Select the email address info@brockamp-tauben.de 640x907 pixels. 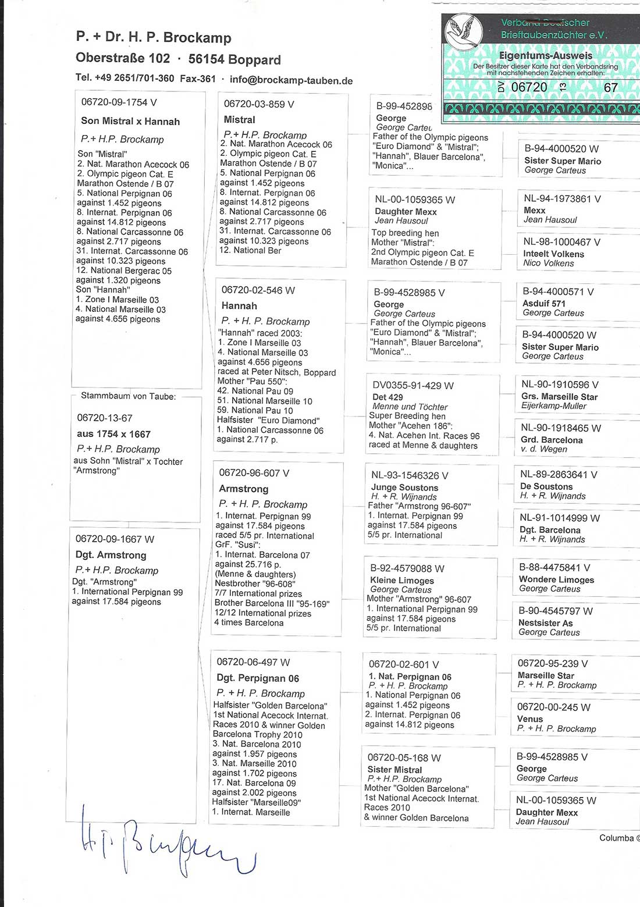[x=291, y=80]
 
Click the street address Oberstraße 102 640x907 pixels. [x=123, y=59]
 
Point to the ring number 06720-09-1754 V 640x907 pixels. [x=119, y=102]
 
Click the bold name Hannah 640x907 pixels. [x=239, y=305]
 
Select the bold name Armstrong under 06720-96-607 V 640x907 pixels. [x=244, y=489]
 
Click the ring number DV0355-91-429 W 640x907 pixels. [x=413, y=385]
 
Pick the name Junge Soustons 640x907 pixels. [x=404, y=488]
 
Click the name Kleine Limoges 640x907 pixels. [x=402, y=580]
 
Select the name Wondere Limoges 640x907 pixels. [x=556, y=579]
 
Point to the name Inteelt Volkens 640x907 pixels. [x=553, y=254]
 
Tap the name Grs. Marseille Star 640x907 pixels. [x=559, y=396]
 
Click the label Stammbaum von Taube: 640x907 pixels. [x=128, y=396]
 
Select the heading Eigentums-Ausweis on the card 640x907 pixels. [x=545, y=56]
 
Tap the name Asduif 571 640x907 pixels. [x=543, y=303]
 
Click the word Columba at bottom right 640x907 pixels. [x=616, y=838]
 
